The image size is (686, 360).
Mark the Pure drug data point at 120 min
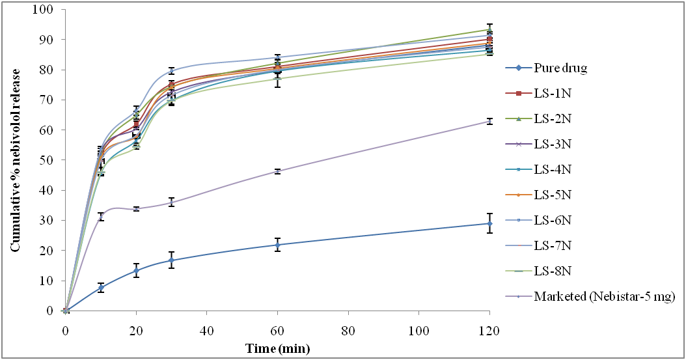click(x=489, y=223)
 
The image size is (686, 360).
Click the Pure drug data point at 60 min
click(x=277, y=245)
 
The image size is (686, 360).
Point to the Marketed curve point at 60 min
click(x=277, y=171)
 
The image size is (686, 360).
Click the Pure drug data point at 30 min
click(x=171, y=260)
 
